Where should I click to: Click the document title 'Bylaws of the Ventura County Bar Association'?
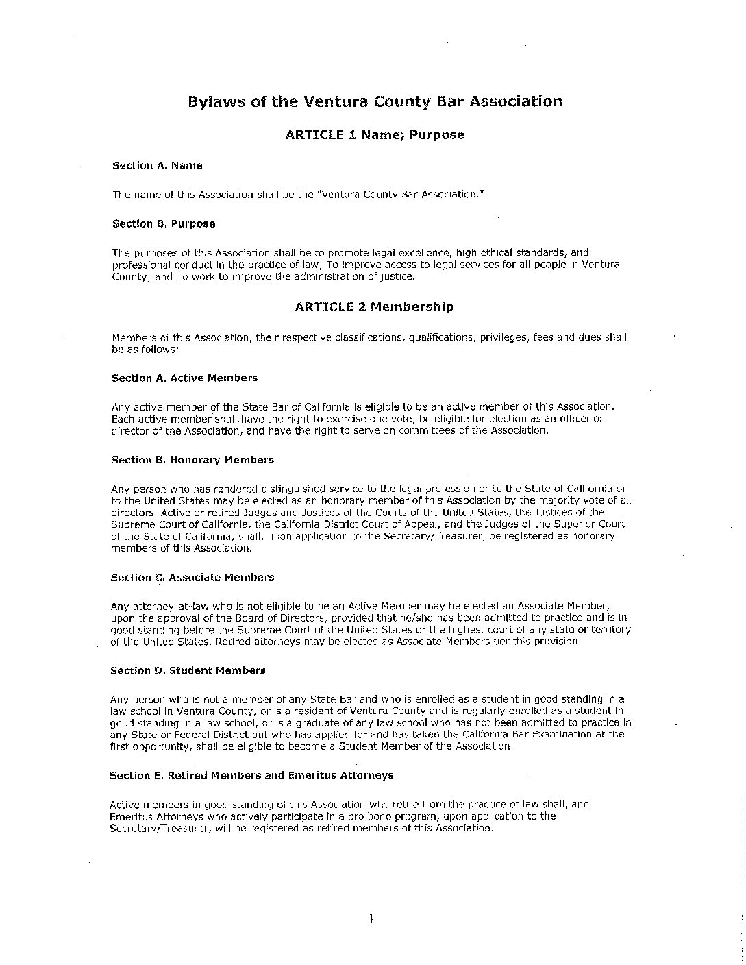coord(375,102)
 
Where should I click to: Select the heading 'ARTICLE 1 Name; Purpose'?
coord(375,135)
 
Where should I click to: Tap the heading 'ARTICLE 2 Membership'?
coord(374,307)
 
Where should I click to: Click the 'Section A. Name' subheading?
coord(158,166)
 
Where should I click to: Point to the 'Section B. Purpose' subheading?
coord(164,224)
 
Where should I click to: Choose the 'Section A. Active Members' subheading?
coord(184,378)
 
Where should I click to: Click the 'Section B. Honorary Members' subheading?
coord(192,461)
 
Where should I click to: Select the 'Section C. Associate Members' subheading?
coord(192,578)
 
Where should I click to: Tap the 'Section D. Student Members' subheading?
coord(188,670)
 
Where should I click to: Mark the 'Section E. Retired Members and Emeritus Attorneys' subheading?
coord(251,776)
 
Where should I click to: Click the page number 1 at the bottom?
coord(371,919)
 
